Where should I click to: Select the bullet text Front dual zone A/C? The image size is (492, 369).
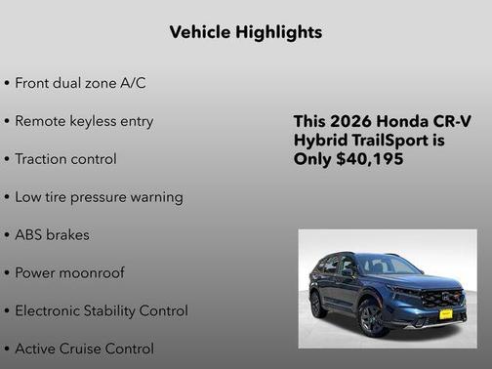point(80,83)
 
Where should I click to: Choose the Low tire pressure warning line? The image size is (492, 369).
point(99,197)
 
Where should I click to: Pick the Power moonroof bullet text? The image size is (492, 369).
point(69,273)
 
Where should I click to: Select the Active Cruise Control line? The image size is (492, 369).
point(84,348)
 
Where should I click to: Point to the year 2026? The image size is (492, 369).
point(351,122)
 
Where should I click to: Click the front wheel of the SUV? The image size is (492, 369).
point(374,316)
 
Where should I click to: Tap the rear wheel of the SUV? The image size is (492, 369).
point(319,305)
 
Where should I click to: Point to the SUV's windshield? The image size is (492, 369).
point(386,266)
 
